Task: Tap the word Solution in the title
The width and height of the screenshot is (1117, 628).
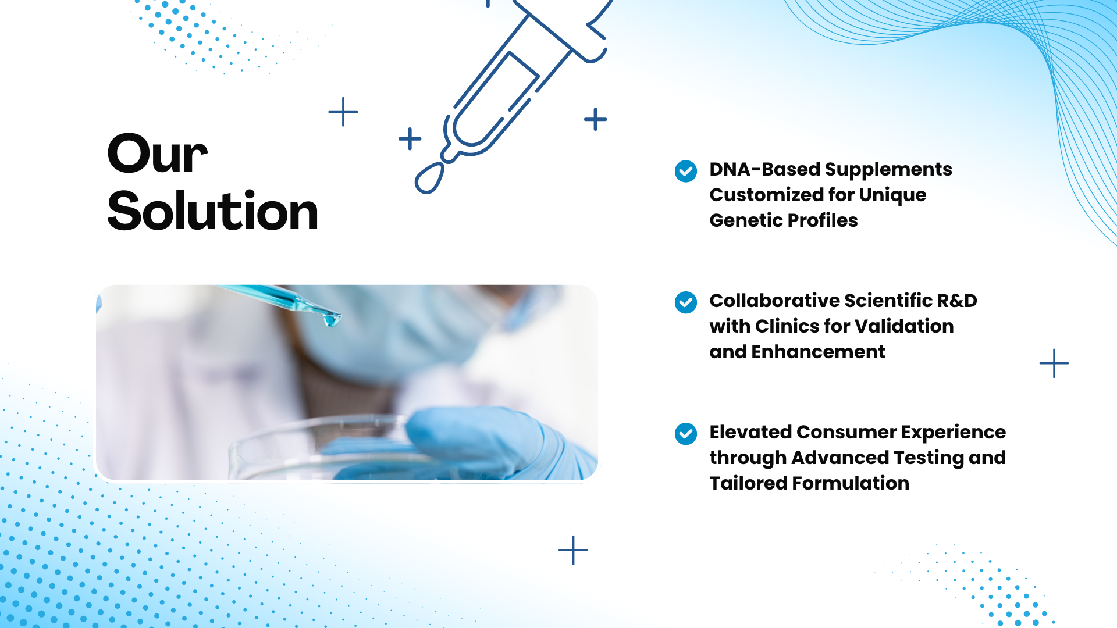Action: point(213,210)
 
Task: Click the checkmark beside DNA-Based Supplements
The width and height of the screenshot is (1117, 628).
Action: point(686,171)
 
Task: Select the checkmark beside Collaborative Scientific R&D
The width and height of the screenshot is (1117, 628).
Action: point(686,302)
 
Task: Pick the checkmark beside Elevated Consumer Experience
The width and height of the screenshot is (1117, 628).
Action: point(686,434)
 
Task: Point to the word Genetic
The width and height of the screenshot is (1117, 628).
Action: point(745,220)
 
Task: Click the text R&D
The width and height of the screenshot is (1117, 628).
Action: point(958,301)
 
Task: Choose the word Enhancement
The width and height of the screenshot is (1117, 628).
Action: point(818,352)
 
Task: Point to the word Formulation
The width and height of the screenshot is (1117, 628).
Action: point(851,483)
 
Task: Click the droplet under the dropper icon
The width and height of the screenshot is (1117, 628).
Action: point(429,178)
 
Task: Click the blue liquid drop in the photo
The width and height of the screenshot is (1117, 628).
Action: point(332,319)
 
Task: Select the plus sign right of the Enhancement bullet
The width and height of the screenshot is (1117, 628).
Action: point(1054,363)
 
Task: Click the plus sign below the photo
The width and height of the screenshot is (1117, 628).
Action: point(573,550)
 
